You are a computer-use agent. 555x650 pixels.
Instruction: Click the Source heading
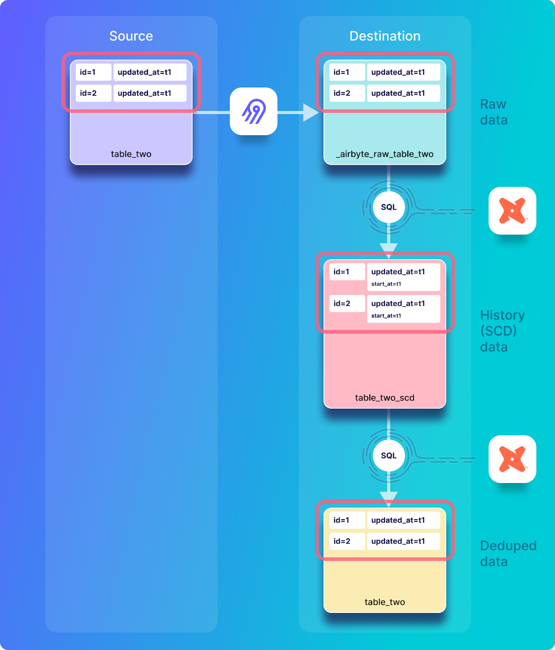[131, 36]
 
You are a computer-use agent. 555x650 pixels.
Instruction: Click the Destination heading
[385, 36]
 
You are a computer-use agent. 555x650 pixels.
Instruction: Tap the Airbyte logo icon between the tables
[254, 111]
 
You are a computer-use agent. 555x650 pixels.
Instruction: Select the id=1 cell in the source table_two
[93, 72]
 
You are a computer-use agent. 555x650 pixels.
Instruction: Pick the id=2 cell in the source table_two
[93, 93]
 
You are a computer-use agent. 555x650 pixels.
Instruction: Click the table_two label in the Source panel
[131, 154]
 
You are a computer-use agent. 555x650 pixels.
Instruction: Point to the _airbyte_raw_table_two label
[385, 154]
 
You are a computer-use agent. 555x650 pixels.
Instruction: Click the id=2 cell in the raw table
[347, 93]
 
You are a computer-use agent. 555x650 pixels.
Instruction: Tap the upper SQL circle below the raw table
[389, 207]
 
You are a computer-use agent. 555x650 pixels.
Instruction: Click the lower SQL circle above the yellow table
[389, 456]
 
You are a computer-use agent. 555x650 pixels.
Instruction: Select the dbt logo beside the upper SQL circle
[512, 211]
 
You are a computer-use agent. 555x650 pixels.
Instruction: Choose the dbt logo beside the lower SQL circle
[512, 459]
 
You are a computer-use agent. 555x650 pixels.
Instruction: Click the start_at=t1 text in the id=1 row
[386, 284]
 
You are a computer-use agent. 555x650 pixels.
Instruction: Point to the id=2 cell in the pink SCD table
[347, 304]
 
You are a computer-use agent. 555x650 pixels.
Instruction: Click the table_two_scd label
[385, 398]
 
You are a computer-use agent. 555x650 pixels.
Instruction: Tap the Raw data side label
[494, 112]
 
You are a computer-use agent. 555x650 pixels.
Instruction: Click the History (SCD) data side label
[502, 331]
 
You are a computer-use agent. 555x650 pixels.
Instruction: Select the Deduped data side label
[508, 553]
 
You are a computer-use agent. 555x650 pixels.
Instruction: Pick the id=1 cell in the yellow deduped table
[347, 520]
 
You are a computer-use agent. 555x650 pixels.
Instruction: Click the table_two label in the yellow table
[385, 602]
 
